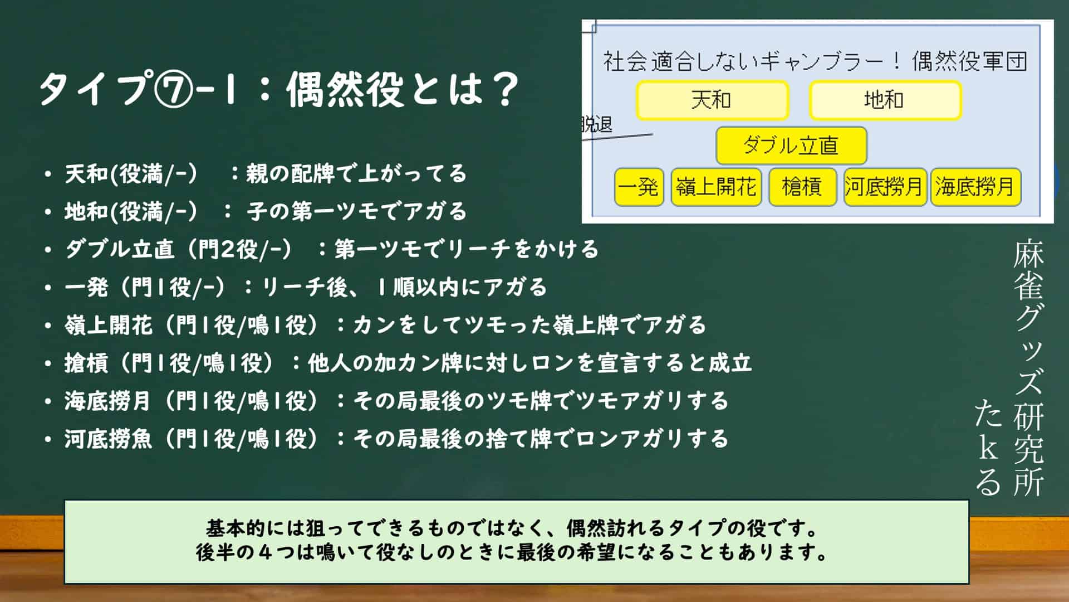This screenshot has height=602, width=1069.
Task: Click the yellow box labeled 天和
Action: [713, 100]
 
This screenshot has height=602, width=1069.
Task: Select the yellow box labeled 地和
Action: [885, 100]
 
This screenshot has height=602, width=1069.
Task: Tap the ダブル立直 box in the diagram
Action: [791, 145]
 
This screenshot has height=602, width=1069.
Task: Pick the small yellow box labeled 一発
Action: [639, 187]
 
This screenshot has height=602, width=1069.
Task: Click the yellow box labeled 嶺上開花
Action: [716, 187]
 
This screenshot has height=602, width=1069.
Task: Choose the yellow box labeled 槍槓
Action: [802, 187]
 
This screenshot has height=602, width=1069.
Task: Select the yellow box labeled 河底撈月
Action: [885, 187]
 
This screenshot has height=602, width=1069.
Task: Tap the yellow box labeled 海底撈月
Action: [975, 187]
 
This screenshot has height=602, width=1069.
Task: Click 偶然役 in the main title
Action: [344, 89]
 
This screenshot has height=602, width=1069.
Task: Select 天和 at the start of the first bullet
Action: [86, 174]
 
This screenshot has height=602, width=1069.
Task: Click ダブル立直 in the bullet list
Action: [120, 249]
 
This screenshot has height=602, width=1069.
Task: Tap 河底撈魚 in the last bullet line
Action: [108, 439]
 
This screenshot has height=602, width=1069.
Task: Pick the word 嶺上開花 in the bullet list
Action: [108, 325]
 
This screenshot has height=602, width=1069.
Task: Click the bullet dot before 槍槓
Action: [48, 363]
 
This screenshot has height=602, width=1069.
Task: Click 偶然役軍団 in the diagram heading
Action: [969, 61]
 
